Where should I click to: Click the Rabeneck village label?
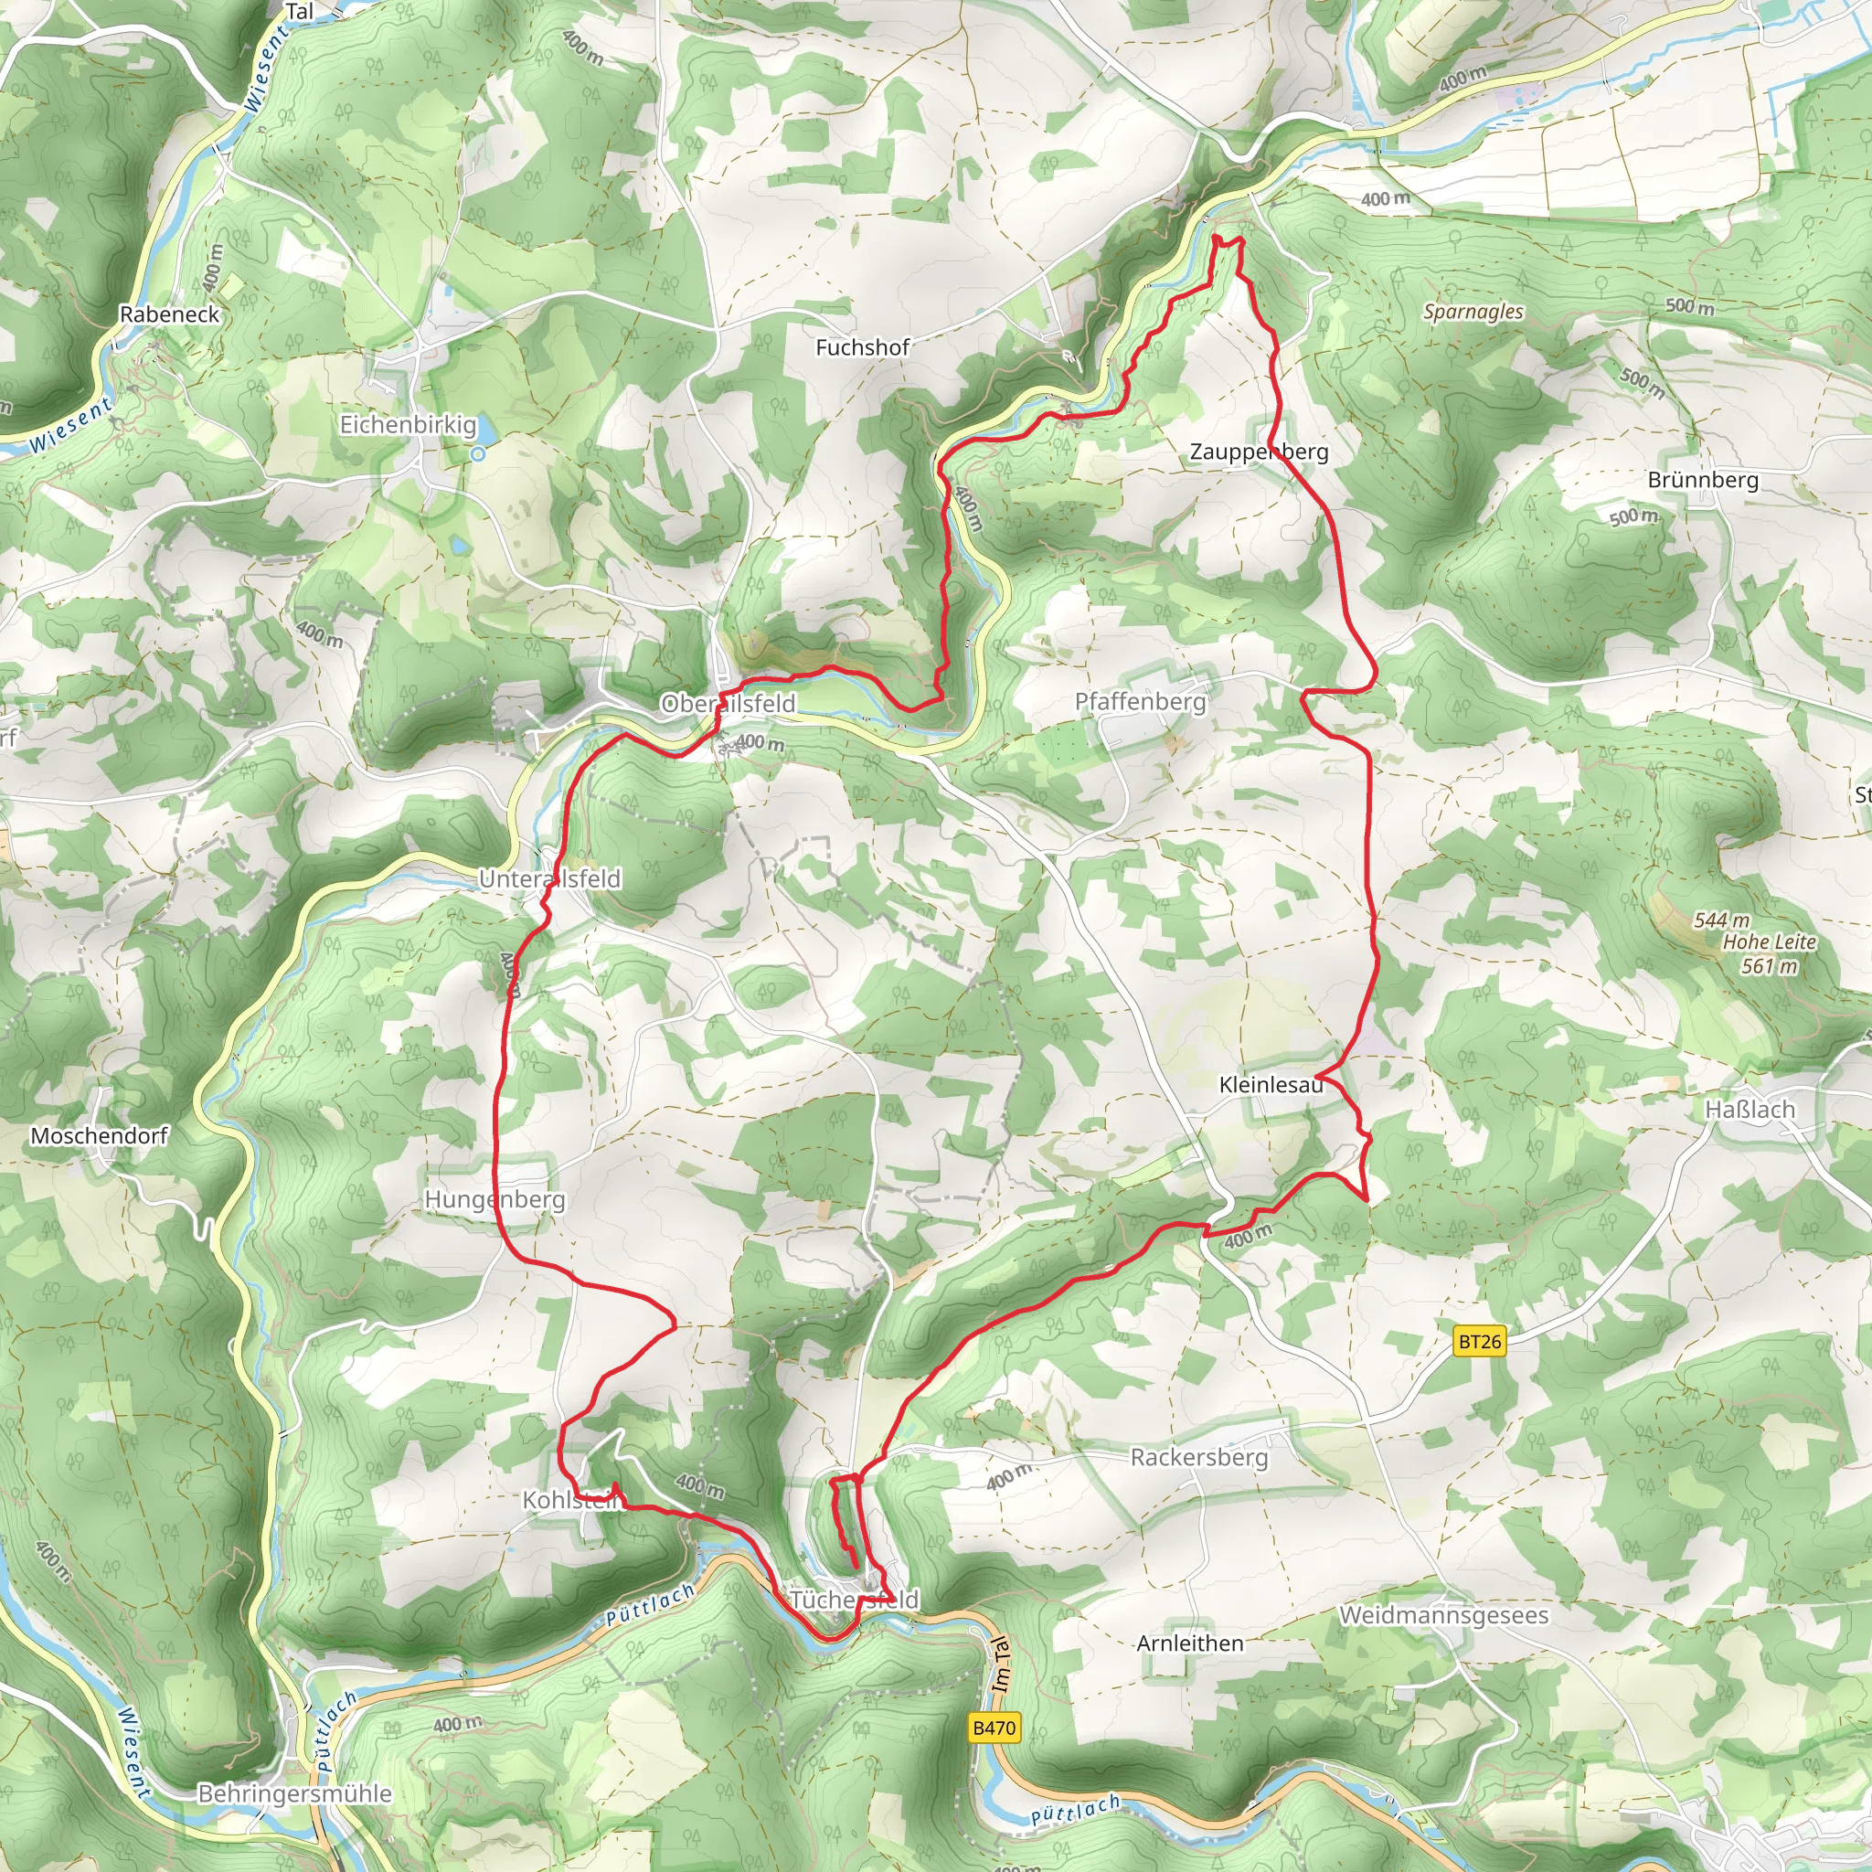click(x=170, y=314)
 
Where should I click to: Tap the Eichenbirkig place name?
click(x=408, y=424)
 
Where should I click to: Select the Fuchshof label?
click(x=861, y=346)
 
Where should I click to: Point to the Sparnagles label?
click(x=1473, y=312)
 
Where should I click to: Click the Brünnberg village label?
click(x=1702, y=480)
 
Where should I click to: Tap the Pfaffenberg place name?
click(x=1141, y=701)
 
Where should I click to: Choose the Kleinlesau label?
click(x=1271, y=1085)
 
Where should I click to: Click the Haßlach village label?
click(x=1750, y=1110)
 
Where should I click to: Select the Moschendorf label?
click(x=100, y=1135)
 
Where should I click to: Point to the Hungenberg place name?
click(x=495, y=1199)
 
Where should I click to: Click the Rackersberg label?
click(x=1198, y=1457)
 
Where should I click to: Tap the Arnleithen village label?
click(x=1190, y=1643)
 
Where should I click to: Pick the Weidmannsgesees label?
click(x=1443, y=1615)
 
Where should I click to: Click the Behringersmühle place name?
click(x=294, y=1793)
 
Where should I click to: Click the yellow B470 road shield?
click(x=994, y=1728)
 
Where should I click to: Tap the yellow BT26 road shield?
click(x=1480, y=1342)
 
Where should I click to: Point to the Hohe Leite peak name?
click(x=1770, y=941)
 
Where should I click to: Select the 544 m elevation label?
click(x=1722, y=920)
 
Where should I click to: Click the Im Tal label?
click(x=1001, y=1665)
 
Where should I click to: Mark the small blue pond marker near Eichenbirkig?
click(x=477, y=453)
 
